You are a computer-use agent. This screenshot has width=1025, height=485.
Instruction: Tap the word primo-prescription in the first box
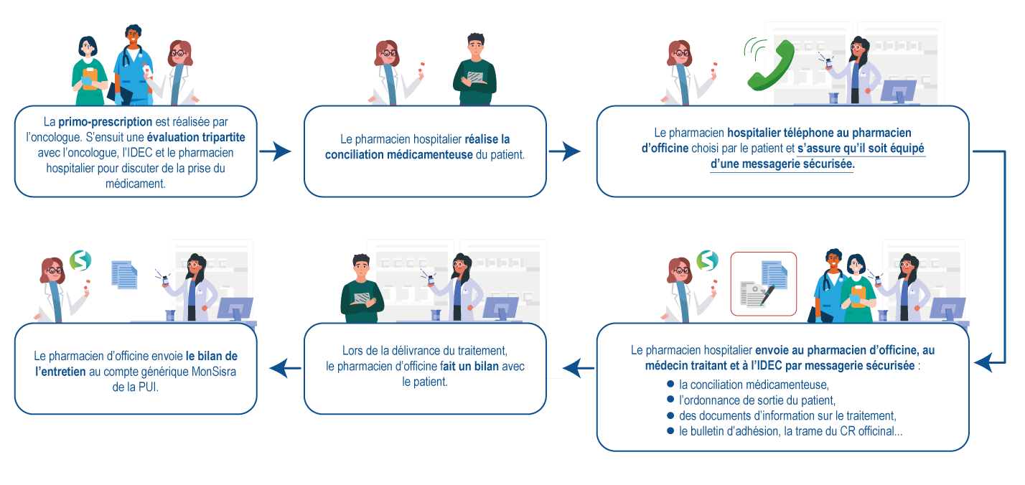(106, 122)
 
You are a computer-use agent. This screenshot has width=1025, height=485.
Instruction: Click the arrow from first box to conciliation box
(276, 151)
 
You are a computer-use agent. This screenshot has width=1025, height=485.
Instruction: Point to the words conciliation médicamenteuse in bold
(398, 154)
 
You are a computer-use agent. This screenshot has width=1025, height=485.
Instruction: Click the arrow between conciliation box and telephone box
(566, 151)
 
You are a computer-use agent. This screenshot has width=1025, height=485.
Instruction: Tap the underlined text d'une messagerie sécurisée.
(782, 164)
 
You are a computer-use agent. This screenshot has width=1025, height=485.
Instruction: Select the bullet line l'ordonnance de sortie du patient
(757, 400)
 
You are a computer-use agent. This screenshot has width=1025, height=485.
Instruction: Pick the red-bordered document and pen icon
(763, 284)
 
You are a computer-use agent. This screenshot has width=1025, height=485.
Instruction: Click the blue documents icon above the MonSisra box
(124, 275)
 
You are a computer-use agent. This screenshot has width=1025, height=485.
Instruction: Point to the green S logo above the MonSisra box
(79, 260)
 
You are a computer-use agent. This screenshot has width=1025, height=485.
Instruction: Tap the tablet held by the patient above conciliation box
(475, 77)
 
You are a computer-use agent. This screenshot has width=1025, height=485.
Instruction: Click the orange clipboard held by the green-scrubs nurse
(90, 75)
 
